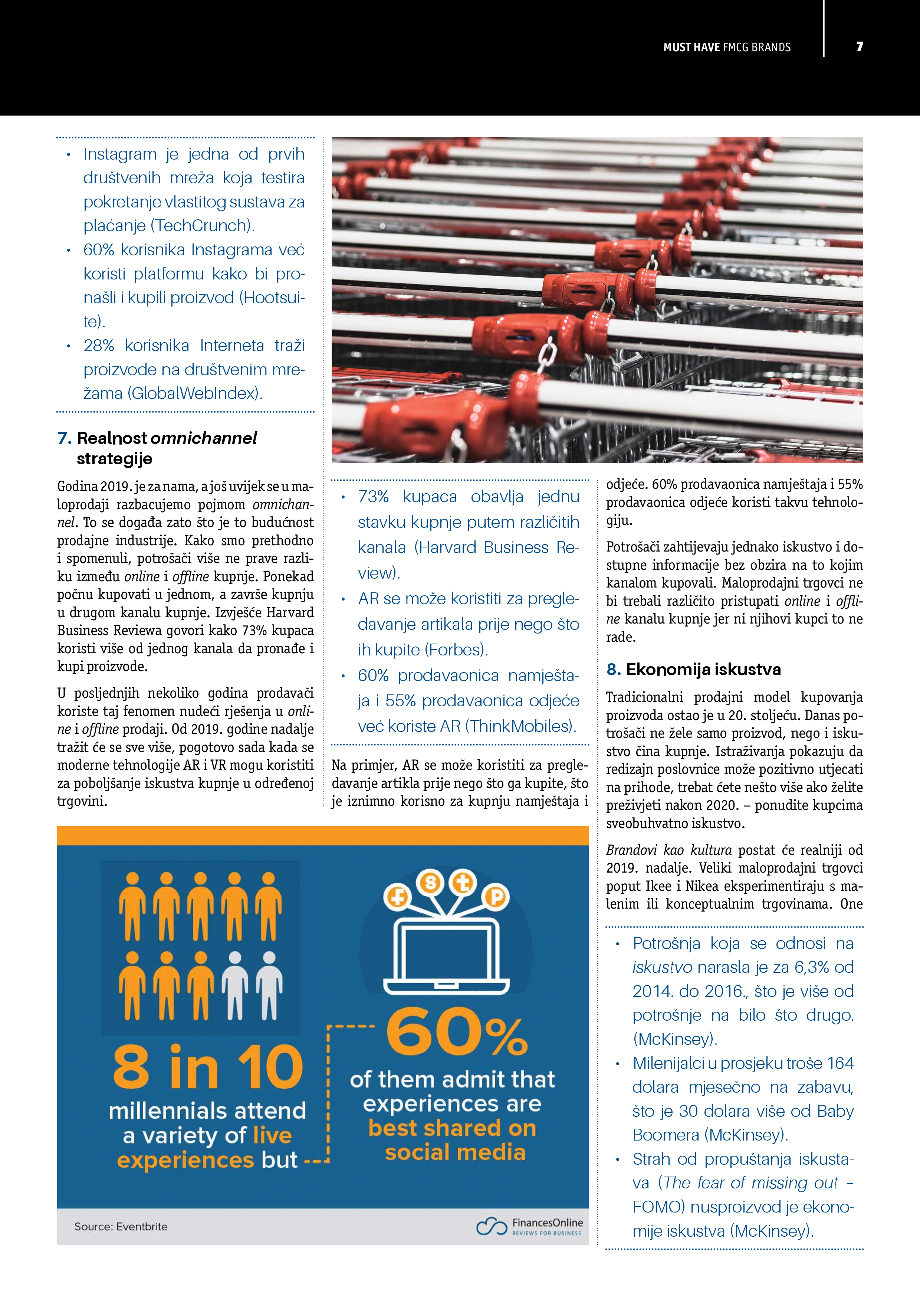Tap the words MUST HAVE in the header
(x=691, y=47)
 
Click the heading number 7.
(x=64, y=438)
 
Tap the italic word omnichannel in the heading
(x=204, y=438)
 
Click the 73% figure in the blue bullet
(x=373, y=496)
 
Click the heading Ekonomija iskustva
(x=703, y=669)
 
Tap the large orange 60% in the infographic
(x=456, y=1033)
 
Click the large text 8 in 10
(x=207, y=1067)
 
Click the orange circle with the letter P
(x=496, y=897)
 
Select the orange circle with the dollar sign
(x=430, y=882)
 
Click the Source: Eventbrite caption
(x=121, y=1226)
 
